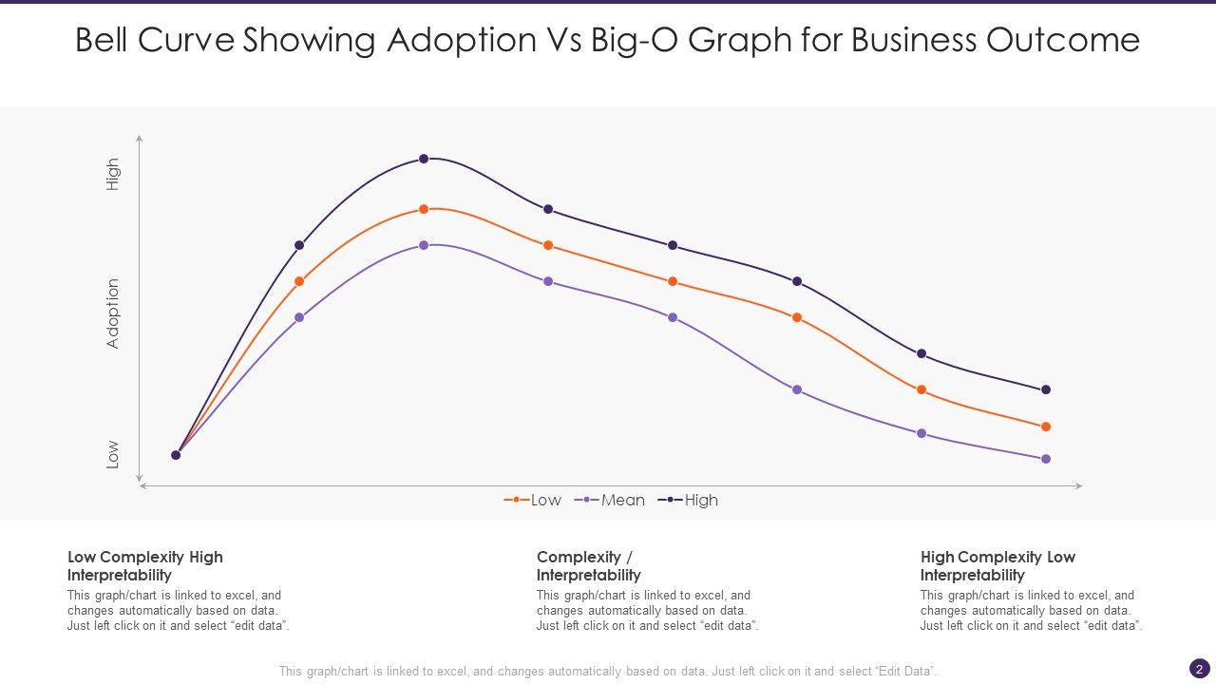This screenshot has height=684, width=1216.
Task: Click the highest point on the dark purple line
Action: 424,159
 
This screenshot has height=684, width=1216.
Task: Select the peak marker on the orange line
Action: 424,209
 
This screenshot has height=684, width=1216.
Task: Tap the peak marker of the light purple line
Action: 424,245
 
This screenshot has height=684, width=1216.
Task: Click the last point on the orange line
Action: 1046,427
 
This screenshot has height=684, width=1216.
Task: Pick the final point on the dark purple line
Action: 1046,389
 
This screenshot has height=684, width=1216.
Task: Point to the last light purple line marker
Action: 1046,459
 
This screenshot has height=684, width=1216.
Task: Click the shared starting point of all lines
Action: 176,455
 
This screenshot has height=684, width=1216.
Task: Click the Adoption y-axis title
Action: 113,313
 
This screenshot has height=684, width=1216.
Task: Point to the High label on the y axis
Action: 113,175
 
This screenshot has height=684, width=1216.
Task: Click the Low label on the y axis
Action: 113,454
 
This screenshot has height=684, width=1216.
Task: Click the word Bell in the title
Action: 105,40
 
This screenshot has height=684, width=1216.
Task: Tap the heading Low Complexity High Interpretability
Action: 145,565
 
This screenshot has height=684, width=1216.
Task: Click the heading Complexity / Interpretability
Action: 588,565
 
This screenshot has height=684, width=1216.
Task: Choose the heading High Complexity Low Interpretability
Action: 997,565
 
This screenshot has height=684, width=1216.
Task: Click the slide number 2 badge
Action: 1199,668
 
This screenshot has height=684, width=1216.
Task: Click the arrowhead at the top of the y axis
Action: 140,139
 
